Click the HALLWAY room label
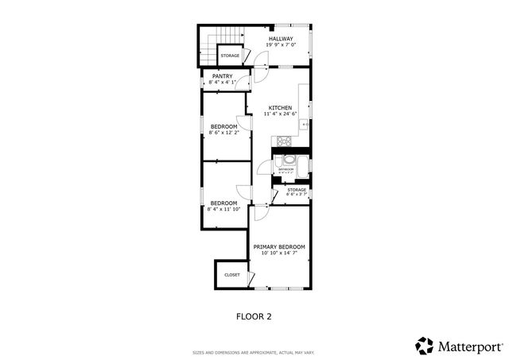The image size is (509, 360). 280,38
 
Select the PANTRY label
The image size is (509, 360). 222,76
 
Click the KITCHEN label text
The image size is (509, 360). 280,108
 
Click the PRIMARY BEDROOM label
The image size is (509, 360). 279,247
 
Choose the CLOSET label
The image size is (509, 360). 231,275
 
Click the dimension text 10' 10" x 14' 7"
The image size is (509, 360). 279,254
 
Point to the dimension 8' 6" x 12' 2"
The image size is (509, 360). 223,133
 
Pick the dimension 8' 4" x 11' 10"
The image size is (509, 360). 223,210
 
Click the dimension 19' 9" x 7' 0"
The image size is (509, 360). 280,45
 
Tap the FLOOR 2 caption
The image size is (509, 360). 254,316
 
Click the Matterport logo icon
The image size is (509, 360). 425,346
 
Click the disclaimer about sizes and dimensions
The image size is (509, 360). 254,352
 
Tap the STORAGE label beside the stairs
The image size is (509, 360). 230,56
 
